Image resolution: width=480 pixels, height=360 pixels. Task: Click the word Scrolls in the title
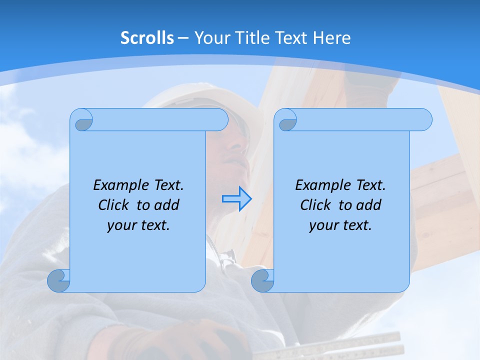147,38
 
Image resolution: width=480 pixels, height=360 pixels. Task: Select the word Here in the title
331,38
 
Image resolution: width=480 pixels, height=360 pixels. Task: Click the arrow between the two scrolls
236,199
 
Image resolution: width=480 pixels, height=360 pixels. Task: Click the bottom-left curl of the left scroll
58,280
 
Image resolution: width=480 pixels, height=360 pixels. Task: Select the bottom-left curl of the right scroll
262,280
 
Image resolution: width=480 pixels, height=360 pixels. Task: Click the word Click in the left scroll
114,205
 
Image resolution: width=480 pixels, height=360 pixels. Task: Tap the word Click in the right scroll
315,205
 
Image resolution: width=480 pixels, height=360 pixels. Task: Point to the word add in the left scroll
167,205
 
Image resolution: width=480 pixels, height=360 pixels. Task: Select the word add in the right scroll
369,205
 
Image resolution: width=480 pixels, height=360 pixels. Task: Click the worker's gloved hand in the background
215,340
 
